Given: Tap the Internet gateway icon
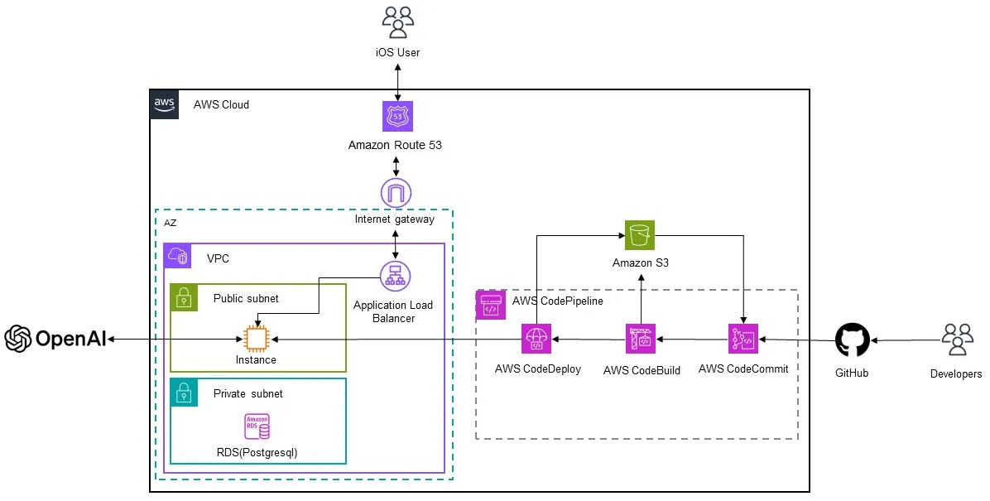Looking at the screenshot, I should click(x=395, y=194).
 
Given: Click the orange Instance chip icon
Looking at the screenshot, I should click(x=257, y=339).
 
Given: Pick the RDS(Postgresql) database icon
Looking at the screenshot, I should click(x=257, y=427).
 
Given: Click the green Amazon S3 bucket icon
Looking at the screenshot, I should click(x=640, y=235).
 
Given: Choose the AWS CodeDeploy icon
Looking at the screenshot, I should click(x=536, y=339).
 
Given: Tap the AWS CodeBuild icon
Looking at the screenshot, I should click(x=641, y=339).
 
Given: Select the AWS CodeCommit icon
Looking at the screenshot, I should click(x=743, y=339).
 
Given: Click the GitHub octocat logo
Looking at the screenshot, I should click(x=852, y=340).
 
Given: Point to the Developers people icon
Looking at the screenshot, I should click(x=956, y=339).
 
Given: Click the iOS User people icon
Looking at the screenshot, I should click(x=398, y=22).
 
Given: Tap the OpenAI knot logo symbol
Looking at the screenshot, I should click(x=17, y=338).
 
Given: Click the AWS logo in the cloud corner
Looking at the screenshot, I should click(x=165, y=104).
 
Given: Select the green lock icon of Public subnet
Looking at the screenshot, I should click(x=184, y=298).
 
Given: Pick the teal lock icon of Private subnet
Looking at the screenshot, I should click(x=184, y=393).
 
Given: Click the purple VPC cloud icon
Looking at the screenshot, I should click(x=178, y=257).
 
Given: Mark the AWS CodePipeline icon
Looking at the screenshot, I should click(x=489, y=304).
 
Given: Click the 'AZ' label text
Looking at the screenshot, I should click(x=170, y=223).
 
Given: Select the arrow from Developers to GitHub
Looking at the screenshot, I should click(x=902, y=340).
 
